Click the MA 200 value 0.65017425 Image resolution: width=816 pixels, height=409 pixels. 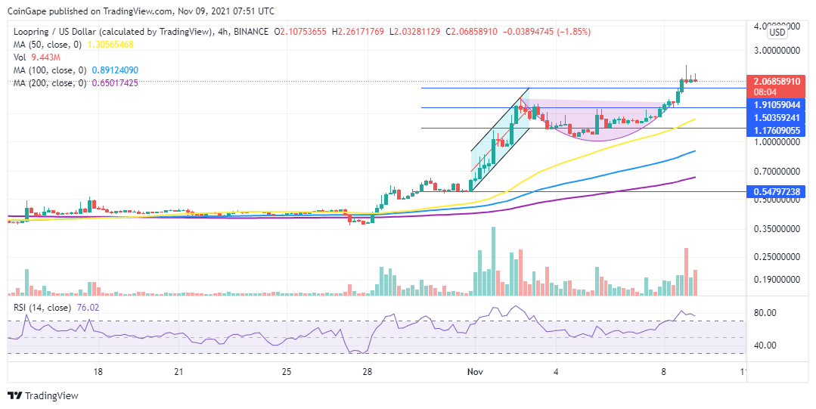pyautogui.click(x=112, y=82)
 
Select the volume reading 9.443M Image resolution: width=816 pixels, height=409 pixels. pyautogui.click(x=45, y=57)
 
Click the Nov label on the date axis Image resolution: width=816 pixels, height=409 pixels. pyautogui.click(x=475, y=372)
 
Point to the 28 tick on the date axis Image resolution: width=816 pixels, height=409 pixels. pyautogui.click(x=367, y=372)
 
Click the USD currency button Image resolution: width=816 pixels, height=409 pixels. pyautogui.click(x=777, y=33)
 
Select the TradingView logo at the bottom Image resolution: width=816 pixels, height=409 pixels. pyautogui.click(x=42, y=395)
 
